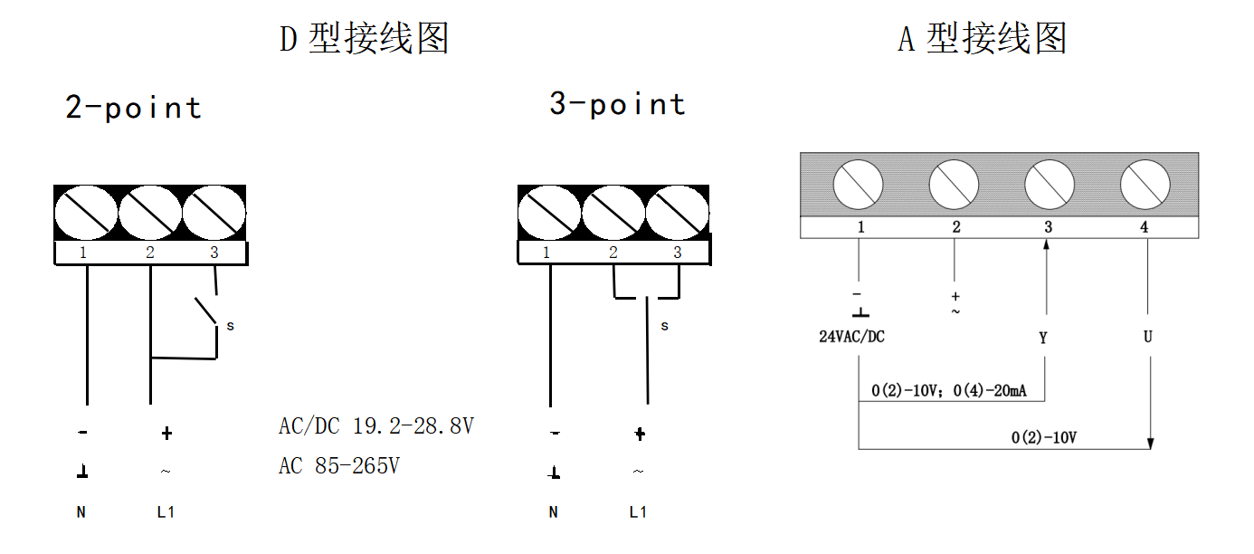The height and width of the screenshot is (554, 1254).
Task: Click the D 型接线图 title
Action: tap(364, 39)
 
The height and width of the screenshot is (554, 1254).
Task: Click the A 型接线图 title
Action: tap(982, 39)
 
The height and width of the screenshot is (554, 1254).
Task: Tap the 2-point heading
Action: tap(133, 108)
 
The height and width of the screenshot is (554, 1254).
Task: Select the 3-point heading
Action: tap(617, 104)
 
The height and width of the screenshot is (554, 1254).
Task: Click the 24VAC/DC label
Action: tap(851, 337)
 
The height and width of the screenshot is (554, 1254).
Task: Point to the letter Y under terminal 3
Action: tap(1043, 338)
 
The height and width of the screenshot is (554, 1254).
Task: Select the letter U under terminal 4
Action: tap(1147, 337)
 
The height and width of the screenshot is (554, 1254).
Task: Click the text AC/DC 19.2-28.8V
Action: tap(375, 425)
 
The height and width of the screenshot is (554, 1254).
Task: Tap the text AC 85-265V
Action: tap(338, 466)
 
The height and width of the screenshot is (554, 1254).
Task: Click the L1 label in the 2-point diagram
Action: tap(165, 512)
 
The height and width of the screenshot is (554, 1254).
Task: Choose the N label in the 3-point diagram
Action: tap(553, 512)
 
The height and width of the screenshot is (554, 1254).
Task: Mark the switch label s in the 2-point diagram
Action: tap(230, 326)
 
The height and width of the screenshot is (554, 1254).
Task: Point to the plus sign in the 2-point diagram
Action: tap(166, 434)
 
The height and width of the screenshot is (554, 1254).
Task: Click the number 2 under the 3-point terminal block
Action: tap(613, 253)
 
